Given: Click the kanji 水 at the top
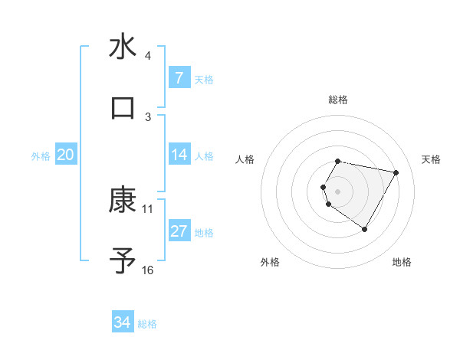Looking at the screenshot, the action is coord(123,47).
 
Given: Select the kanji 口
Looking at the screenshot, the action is coord(123,108).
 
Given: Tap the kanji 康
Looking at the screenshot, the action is coord(123,200).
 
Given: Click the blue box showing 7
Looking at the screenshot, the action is coord(179,78).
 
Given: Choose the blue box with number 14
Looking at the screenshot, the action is coord(179,155).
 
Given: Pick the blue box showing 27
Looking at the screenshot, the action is coord(179,231).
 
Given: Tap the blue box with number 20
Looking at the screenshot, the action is coord(65,155).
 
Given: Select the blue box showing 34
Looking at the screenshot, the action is coord(123,322).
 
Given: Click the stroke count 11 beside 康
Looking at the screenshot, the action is coord(148,208).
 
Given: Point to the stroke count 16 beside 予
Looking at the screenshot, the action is coord(148,270).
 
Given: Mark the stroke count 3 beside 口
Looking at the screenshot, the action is coord(148,116).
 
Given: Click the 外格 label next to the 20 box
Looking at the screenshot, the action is coord(41,156).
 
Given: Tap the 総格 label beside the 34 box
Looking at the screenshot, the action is coord(147,324).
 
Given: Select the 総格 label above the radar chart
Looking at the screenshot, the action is coord(338,100).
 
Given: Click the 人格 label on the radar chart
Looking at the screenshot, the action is coord(245,159).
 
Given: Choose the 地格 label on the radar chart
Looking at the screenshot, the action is coord(402,263).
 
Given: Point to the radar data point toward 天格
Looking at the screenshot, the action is coord(396,172).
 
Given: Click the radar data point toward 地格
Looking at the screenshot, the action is coord(364,229).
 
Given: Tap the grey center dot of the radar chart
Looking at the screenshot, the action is coord(338,191).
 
